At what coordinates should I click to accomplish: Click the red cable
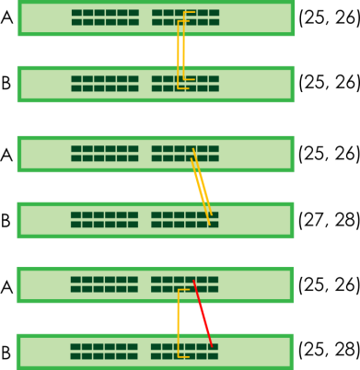(203, 313)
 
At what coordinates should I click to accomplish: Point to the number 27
(312, 220)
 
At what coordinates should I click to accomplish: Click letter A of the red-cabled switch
(6, 287)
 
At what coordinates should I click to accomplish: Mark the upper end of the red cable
(193, 281)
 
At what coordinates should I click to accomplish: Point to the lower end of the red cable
(212, 346)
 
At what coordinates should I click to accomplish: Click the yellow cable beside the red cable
(179, 323)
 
